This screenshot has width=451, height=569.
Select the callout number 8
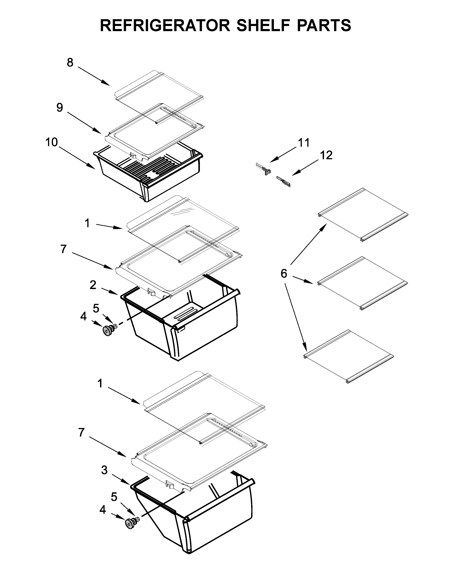[70, 63]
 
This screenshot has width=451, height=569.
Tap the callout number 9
[60, 108]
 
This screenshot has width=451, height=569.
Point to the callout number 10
[52, 142]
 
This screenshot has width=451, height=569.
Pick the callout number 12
[326, 155]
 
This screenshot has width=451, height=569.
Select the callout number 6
[284, 274]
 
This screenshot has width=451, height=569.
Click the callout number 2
[93, 285]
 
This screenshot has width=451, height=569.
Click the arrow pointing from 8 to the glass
[94, 76]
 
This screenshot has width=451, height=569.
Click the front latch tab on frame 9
[133, 154]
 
